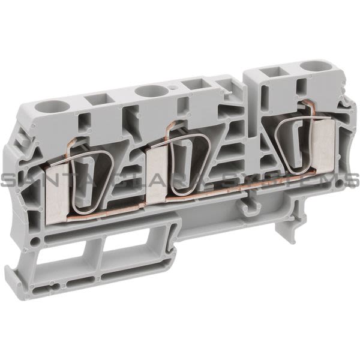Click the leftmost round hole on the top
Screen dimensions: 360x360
46,107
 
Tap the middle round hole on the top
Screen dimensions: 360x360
147,91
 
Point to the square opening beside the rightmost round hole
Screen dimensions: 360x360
266,73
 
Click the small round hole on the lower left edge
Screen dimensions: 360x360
35,241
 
